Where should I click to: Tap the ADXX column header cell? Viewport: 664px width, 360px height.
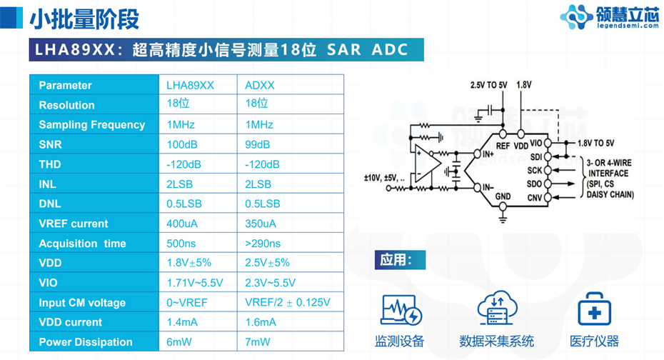260,85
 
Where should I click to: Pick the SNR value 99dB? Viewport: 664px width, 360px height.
258,144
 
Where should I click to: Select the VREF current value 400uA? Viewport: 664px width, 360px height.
182,224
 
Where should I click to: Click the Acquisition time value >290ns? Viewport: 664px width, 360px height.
263,244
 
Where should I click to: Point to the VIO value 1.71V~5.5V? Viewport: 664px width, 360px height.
195,283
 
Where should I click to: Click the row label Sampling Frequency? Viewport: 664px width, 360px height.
92,124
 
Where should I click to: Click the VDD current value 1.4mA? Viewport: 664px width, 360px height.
182,322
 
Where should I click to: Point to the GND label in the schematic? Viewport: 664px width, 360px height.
503,196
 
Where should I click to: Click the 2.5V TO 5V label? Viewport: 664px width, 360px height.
488,84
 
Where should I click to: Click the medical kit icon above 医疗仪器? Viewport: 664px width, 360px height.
593,309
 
